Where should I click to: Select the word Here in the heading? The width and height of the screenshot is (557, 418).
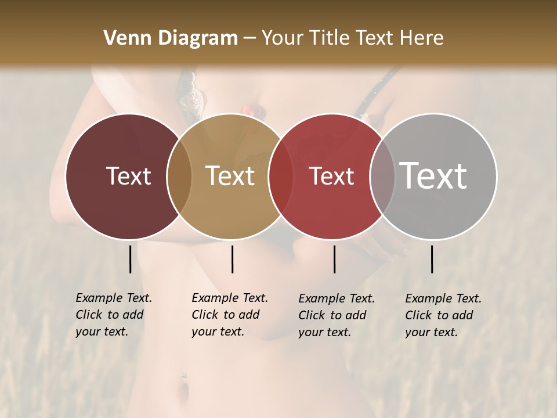coord(422,38)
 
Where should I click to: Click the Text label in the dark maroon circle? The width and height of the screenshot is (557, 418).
coord(128,176)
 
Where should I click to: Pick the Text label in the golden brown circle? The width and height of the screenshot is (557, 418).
coord(230,176)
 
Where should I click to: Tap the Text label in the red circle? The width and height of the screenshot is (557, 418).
coord(332,176)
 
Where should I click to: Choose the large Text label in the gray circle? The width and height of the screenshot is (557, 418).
coord(433,176)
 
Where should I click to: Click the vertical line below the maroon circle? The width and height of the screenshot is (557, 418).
coord(130,259)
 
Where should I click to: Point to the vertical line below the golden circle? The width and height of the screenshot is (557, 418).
coord(232,259)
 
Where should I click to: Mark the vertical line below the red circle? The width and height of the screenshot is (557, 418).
coord(334,259)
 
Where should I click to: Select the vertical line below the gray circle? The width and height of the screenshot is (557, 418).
coord(432,259)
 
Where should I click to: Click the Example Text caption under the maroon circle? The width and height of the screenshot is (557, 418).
coord(114,315)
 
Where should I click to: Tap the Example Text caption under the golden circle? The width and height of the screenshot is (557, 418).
coord(230,315)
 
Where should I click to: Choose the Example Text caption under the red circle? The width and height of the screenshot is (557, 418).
coord(337,315)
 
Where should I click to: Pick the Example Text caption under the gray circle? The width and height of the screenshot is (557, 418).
coord(443,315)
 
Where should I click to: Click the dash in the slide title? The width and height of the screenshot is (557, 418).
coord(249,39)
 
